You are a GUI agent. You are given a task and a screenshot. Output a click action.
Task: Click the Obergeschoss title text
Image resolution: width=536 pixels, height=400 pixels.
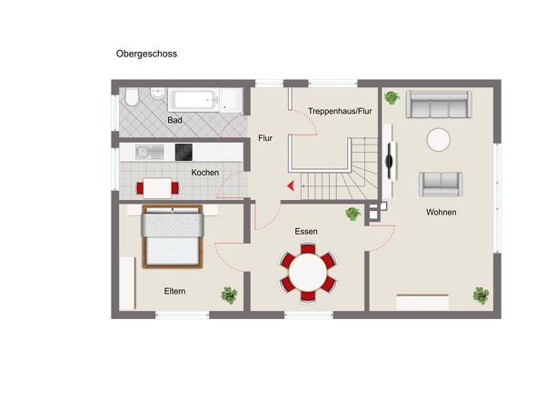[x=146, y=54]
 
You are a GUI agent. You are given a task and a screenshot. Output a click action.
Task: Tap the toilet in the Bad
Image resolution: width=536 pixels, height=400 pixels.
[x=131, y=97]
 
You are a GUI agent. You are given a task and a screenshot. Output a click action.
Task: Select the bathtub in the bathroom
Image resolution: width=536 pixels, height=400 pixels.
[x=194, y=100]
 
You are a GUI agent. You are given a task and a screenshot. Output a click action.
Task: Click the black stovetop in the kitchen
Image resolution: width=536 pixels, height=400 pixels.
[x=184, y=152]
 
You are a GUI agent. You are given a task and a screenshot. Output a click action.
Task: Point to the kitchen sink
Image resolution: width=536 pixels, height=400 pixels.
[x=149, y=152]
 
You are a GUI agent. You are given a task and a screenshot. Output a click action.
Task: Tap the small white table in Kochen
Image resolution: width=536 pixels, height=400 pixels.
[x=157, y=188]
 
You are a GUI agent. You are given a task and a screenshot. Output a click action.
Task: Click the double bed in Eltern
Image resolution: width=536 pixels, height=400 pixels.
[x=173, y=236]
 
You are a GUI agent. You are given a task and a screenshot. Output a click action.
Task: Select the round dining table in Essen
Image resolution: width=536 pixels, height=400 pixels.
[x=308, y=273]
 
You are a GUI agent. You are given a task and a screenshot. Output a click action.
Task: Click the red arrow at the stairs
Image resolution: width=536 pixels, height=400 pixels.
[x=291, y=185]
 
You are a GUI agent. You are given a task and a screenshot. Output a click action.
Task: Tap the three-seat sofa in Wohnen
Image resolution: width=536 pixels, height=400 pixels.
[x=439, y=105]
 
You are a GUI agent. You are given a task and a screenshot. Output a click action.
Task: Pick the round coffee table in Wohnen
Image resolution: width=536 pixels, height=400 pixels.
[x=438, y=140]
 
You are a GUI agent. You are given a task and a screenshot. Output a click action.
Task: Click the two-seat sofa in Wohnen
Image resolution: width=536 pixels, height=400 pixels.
[x=441, y=184]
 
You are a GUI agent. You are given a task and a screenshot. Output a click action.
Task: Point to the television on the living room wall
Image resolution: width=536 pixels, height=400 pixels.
[x=390, y=161]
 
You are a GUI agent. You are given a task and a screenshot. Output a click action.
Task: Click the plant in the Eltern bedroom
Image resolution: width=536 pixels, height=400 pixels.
[x=229, y=295]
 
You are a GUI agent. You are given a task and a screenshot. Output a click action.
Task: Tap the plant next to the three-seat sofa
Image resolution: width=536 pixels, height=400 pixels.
[x=392, y=97]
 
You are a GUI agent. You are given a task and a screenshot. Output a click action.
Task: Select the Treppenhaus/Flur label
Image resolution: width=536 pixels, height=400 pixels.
[x=340, y=111]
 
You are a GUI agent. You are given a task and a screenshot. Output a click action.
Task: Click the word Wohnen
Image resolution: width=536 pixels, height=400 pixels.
[x=441, y=212]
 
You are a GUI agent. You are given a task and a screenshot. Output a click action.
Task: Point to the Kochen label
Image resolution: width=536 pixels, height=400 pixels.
[x=204, y=173]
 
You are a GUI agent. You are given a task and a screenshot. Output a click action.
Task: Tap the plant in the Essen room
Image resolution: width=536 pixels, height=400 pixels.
[x=352, y=214]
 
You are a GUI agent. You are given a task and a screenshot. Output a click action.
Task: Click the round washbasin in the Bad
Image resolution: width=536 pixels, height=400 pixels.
[x=157, y=94]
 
